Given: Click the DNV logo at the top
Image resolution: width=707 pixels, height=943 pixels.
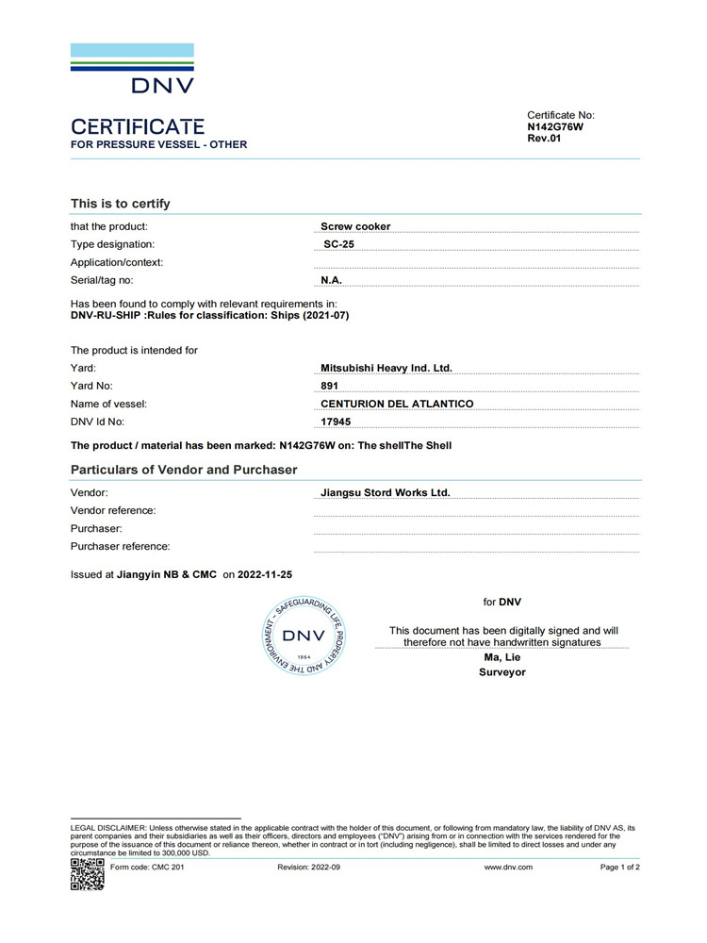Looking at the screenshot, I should click(x=132, y=68).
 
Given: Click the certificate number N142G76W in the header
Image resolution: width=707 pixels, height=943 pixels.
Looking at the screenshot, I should click(x=555, y=126).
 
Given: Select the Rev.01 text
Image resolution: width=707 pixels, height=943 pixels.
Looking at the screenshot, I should click(x=544, y=138).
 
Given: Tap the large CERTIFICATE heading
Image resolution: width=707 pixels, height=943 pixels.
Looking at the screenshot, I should click(x=138, y=126).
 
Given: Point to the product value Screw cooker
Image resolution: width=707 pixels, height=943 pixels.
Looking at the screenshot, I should click(x=355, y=226).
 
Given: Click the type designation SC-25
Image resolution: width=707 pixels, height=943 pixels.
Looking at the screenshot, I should click(x=338, y=244).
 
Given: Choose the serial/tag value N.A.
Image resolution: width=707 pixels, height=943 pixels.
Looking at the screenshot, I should click(x=331, y=280).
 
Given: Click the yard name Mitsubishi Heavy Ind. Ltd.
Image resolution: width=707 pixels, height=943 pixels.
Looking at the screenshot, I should click(x=386, y=368).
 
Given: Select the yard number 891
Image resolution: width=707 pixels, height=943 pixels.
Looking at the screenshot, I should click(x=330, y=386).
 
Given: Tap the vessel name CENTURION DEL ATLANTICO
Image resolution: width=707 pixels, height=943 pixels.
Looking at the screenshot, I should click(x=397, y=404).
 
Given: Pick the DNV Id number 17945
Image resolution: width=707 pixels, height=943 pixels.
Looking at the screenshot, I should click(x=335, y=422).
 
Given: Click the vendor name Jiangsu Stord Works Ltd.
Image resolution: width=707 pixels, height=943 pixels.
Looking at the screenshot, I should click(x=386, y=492).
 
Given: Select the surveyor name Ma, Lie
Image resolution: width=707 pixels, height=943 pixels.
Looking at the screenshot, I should click(x=501, y=657).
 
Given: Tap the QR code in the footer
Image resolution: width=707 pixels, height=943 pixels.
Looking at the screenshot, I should click(x=87, y=874).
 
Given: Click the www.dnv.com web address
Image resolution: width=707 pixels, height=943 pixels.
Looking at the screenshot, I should click(x=508, y=867).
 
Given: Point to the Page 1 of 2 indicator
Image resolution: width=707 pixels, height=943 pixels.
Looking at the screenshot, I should click(x=619, y=867).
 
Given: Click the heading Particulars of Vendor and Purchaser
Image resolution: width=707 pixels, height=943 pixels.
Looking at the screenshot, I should click(x=184, y=470).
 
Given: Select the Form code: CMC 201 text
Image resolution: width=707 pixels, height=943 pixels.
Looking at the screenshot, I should click(x=147, y=867).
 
